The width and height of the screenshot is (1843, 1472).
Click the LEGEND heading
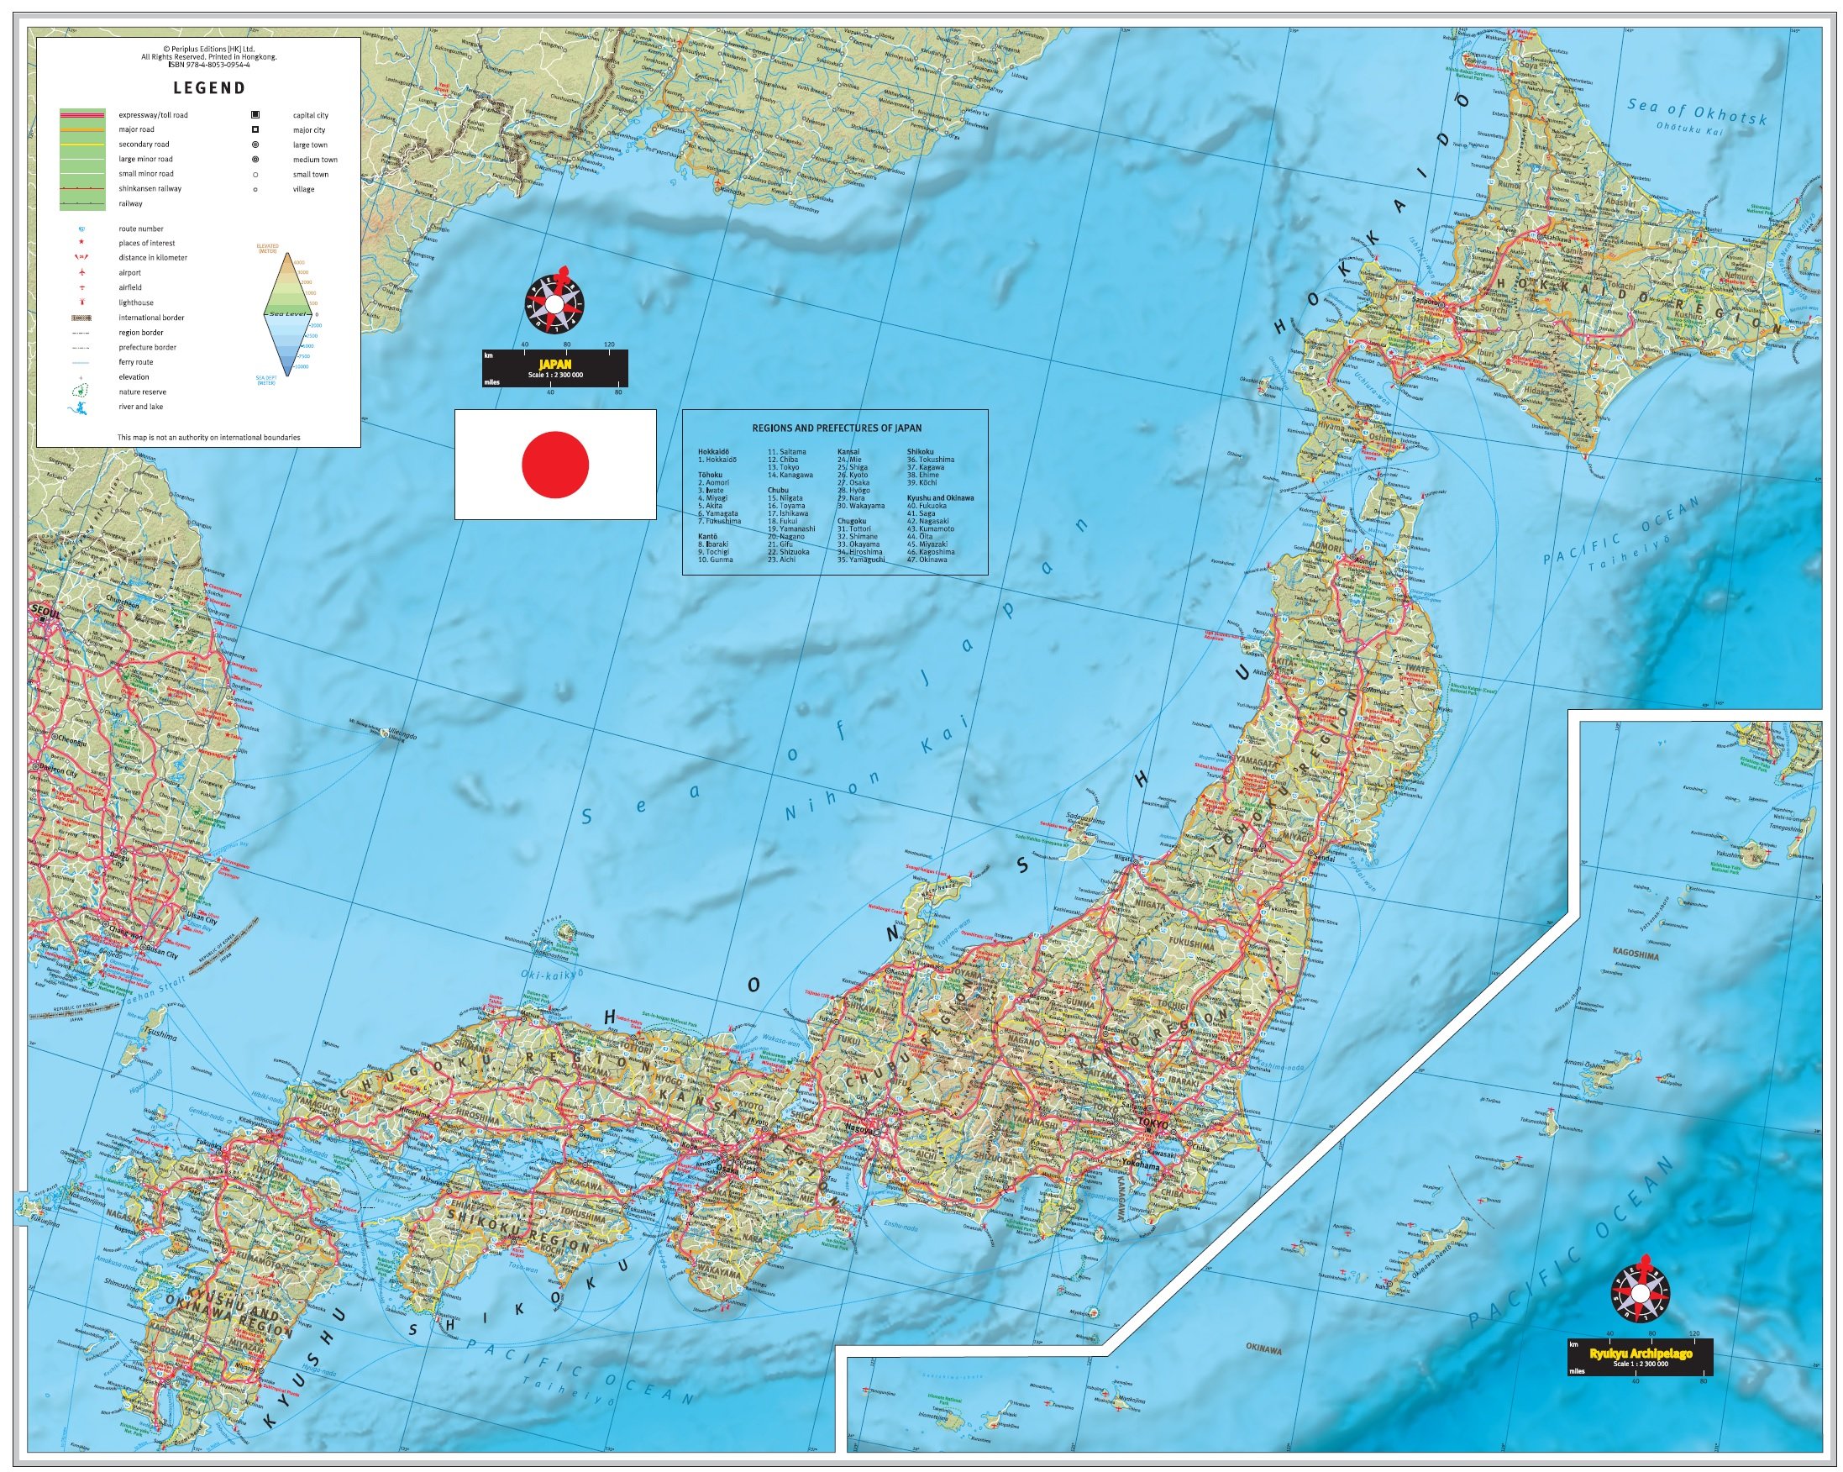pyautogui.click(x=209, y=87)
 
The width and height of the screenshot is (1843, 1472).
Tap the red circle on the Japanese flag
pyautogui.click(x=554, y=464)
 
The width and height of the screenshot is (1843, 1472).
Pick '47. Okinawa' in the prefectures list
pyautogui.click(x=927, y=560)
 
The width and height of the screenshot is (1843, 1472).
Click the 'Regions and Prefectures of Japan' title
pyautogui.click(x=836, y=428)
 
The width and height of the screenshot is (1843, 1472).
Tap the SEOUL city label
pyautogui.click(x=46, y=610)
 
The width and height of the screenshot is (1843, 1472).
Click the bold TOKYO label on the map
pyautogui.click(x=1153, y=1125)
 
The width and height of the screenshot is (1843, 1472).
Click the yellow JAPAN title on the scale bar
pyautogui.click(x=554, y=364)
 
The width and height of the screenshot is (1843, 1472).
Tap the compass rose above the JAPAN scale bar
pyautogui.click(x=554, y=303)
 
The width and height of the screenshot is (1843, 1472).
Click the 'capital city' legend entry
pyautogui.click(x=310, y=115)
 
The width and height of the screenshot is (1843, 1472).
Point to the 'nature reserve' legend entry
pyautogui.click(x=142, y=392)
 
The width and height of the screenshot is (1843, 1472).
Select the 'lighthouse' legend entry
pyautogui.click(x=136, y=302)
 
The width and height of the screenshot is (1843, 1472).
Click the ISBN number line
pyautogui.click(x=209, y=64)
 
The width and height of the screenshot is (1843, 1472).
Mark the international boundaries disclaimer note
pyautogui.click(x=208, y=437)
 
